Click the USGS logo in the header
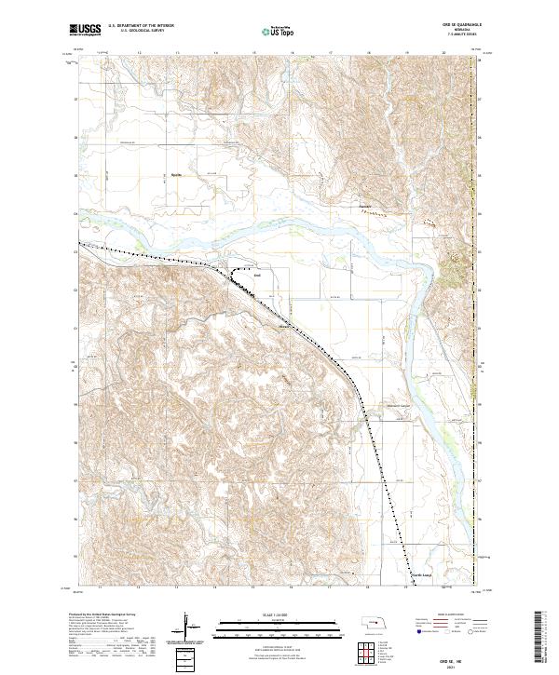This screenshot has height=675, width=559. pyautogui.click(x=86, y=31)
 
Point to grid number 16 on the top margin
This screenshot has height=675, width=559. pyautogui.click(x=293, y=53)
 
